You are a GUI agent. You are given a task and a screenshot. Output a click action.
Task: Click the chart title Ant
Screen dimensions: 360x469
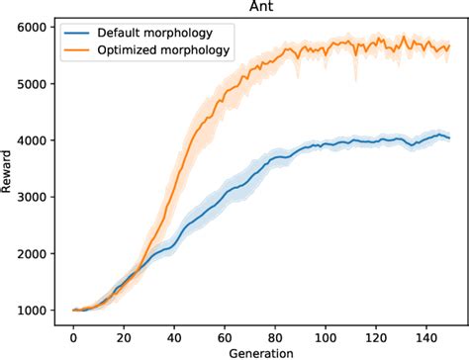point(261,8)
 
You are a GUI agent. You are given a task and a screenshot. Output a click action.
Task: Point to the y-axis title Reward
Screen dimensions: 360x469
point(9,169)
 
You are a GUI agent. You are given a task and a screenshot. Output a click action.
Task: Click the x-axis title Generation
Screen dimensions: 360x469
point(261,352)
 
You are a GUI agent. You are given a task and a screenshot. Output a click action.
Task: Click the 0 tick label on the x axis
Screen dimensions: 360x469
point(73,336)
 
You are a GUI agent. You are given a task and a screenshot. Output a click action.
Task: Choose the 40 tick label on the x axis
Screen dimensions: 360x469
point(173,336)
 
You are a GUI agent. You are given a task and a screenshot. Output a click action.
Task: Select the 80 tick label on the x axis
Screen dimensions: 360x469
point(274,336)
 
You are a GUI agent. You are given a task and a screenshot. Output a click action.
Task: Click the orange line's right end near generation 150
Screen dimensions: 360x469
point(448,45)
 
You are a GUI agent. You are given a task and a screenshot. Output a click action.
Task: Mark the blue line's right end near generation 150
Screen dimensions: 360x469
point(448,137)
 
